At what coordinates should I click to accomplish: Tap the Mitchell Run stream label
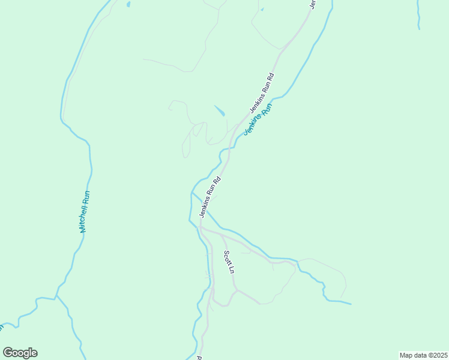85,212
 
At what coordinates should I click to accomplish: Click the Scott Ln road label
229,262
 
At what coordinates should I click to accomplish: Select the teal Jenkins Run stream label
258,118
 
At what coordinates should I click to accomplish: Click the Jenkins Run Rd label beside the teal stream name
262,93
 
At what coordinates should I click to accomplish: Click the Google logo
20,353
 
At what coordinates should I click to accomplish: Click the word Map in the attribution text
407,355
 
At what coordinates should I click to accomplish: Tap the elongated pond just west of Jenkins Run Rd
220,111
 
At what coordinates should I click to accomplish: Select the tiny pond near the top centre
262,9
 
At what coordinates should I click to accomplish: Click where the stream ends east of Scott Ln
351,304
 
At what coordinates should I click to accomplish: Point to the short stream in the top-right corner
418,15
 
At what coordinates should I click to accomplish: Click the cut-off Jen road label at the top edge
312,4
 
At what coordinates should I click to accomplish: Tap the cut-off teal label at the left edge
2,327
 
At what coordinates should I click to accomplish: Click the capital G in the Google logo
8,353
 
